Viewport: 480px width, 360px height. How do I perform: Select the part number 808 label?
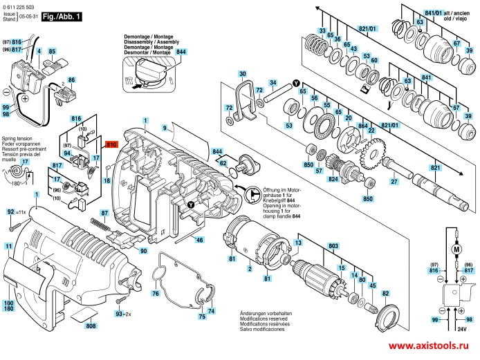click(x=91, y=325)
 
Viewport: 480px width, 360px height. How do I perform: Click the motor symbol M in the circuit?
click(x=455, y=247)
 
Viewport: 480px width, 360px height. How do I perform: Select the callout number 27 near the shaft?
click(x=394, y=181)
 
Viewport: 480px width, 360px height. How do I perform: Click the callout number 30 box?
click(x=242, y=73)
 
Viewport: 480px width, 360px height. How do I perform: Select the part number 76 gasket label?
click(x=155, y=294)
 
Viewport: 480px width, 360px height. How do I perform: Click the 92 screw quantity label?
click(x=16, y=211)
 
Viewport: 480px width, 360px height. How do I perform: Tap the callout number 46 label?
click(x=199, y=240)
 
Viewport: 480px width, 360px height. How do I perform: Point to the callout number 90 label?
click(x=143, y=251)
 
